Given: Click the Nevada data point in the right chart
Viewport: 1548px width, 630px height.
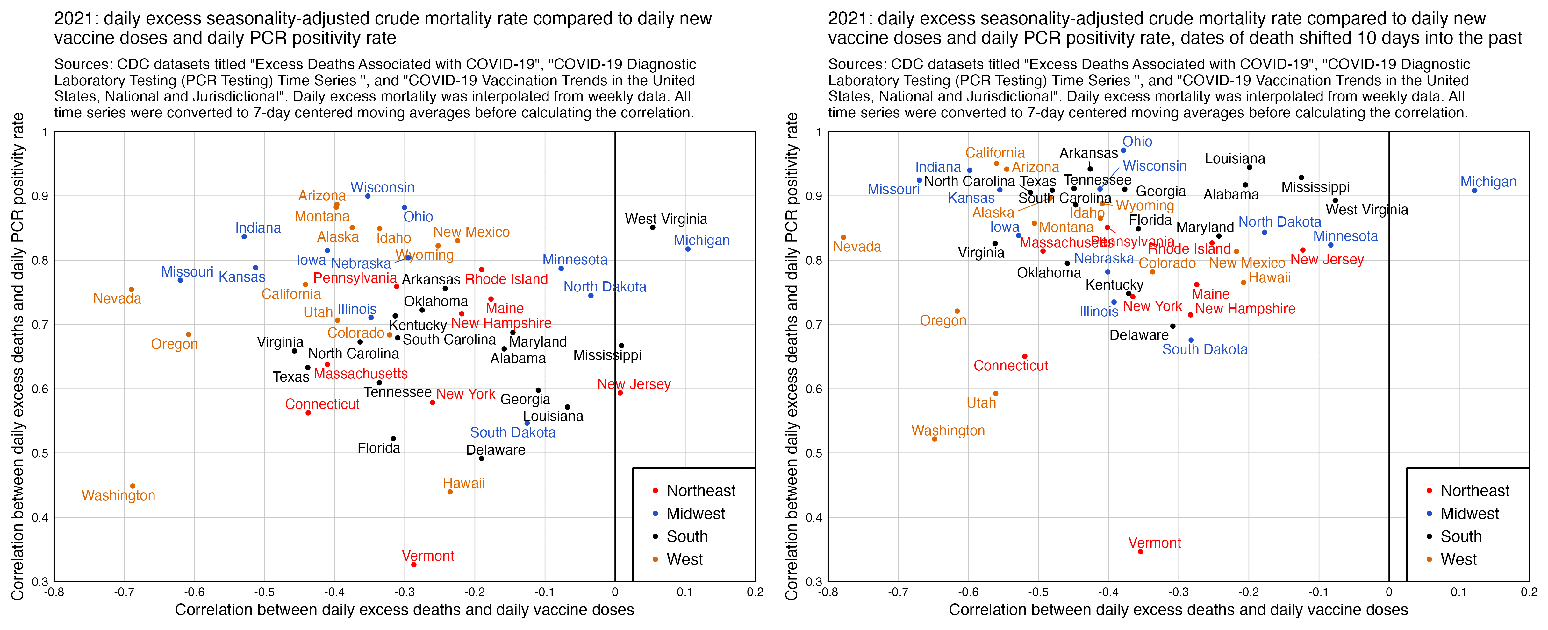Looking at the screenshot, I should click(843, 237).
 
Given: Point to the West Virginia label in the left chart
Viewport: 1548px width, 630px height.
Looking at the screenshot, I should click(665, 219).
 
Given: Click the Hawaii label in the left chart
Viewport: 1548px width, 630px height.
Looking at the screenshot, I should click(463, 483).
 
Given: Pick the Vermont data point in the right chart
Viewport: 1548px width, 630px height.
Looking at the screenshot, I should click(1140, 551).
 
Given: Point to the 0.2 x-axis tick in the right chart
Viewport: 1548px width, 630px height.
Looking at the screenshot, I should click(1528, 592).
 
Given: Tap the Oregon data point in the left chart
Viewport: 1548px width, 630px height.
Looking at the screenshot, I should click(189, 334).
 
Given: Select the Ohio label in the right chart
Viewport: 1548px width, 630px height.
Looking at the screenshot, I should click(1137, 142).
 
